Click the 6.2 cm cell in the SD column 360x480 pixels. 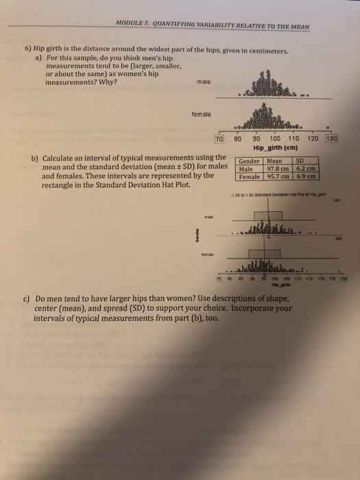pyautogui.click(x=306, y=169)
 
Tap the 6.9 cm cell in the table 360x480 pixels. pyautogui.click(x=306, y=176)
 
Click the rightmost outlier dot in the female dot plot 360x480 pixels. pyautogui.click(x=330, y=127)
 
